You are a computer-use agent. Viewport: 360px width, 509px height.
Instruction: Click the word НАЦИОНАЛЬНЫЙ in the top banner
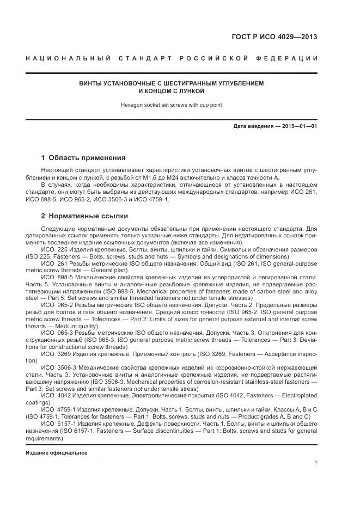(69, 58)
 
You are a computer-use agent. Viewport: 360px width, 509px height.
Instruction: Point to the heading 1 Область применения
(83, 157)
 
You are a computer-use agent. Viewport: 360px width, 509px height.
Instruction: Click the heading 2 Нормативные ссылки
(84, 216)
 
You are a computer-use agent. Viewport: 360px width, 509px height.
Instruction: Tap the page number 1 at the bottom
(316, 462)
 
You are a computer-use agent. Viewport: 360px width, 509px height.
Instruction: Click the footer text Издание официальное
(57, 453)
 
